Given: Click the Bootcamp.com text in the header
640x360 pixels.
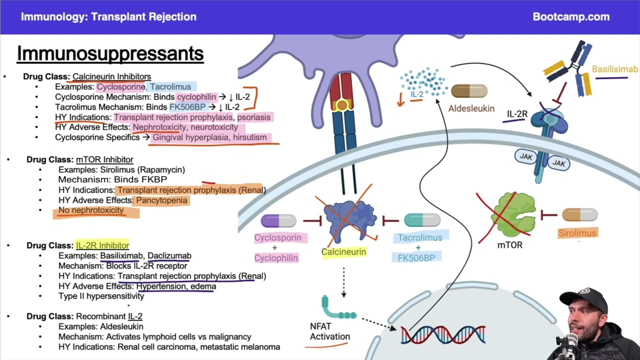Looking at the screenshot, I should (x=571, y=16).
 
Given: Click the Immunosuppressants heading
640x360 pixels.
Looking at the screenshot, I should (x=110, y=53).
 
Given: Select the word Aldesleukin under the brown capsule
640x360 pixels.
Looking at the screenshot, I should (x=471, y=108).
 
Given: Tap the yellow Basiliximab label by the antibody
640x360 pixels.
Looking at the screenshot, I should (x=614, y=69).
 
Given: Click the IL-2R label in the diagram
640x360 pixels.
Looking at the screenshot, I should (x=517, y=114).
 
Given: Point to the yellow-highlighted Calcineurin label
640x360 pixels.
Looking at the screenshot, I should (x=343, y=252).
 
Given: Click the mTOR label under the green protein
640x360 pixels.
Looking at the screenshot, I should (x=509, y=245).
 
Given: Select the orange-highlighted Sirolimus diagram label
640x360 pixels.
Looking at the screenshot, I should (x=577, y=233).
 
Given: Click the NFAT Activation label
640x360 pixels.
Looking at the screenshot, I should (x=329, y=331).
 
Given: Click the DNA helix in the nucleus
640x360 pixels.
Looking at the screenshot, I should (x=443, y=334).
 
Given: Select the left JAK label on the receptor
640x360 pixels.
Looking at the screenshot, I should (x=525, y=156).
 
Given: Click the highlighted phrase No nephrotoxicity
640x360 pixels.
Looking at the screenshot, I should (x=90, y=210).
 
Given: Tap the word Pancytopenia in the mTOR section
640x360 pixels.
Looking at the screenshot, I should (x=161, y=200).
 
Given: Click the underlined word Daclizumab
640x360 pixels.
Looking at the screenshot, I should (x=169, y=255).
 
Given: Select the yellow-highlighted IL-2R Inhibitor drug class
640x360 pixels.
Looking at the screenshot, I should (x=102, y=245).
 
